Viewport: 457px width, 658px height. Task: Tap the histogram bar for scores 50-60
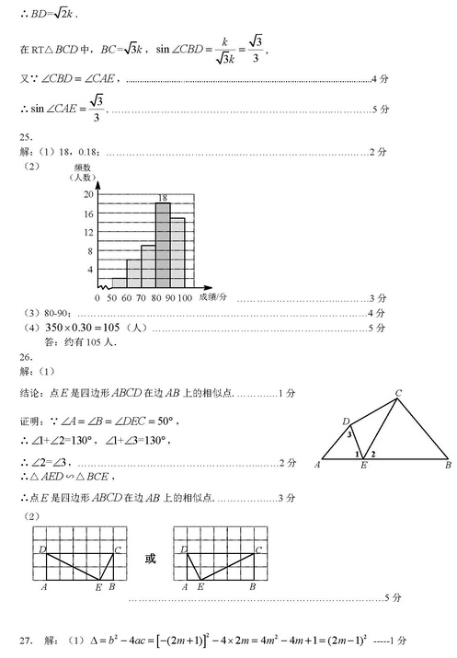tap(119, 283)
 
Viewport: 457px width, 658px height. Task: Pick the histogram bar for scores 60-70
tap(133, 273)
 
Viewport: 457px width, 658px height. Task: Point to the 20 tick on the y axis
tap(89, 195)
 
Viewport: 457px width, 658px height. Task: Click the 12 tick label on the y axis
tap(89, 233)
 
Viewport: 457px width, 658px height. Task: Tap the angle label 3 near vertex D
tap(349, 433)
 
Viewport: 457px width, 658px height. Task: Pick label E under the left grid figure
tap(98, 586)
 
